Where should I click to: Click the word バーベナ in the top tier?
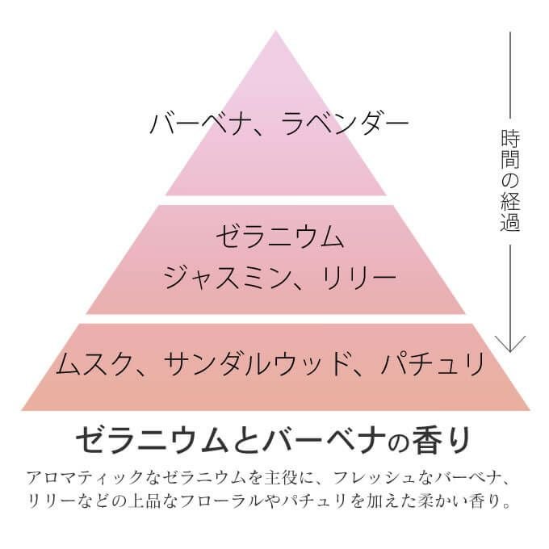coord(196,124)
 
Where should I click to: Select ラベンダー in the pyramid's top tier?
coord(345,124)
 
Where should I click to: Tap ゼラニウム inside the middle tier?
coord(280,237)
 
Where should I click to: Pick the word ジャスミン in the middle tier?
coord(226,277)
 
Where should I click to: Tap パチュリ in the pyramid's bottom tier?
coord(433,363)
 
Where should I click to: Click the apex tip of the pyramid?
coord(275,31)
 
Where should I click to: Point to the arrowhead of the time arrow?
coord(510,350)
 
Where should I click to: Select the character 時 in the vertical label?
coord(510,139)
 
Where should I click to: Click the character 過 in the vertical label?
coord(510,222)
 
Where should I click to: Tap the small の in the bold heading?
coord(398,442)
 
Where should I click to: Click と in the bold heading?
coord(245,440)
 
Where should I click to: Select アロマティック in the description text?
coord(85,478)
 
